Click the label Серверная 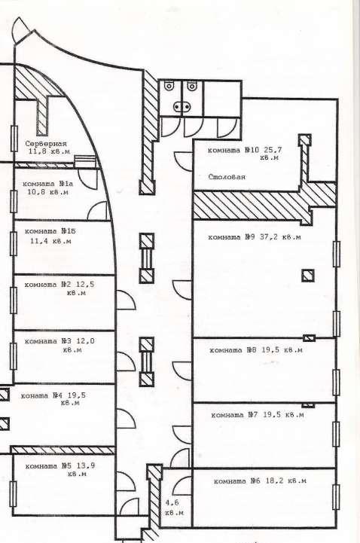[x=46, y=144]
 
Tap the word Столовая [x=227, y=177]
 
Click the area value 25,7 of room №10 [x=273, y=150]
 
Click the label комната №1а [x=47, y=184]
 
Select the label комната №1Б [x=50, y=231]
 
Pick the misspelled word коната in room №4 [x=35, y=395]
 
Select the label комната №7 [x=234, y=415]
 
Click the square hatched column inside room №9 [x=308, y=276]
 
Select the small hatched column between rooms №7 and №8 [x=308, y=405]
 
